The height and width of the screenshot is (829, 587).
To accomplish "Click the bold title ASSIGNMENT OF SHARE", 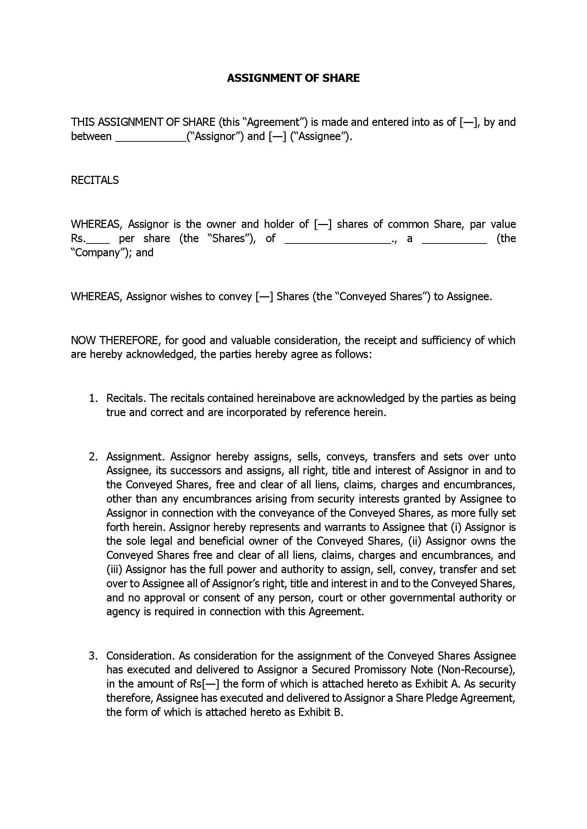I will click(293, 78).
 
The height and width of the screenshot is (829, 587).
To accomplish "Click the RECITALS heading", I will click(95, 180).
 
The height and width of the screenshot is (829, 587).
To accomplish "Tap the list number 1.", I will click(93, 398).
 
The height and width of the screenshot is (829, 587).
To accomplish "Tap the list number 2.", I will click(93, 457).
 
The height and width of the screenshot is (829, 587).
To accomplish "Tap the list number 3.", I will click(93, 656).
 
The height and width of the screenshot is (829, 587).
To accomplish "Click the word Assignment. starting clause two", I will click(136, 457).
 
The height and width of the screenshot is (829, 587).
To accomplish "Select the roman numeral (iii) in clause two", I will click(115, 570).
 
